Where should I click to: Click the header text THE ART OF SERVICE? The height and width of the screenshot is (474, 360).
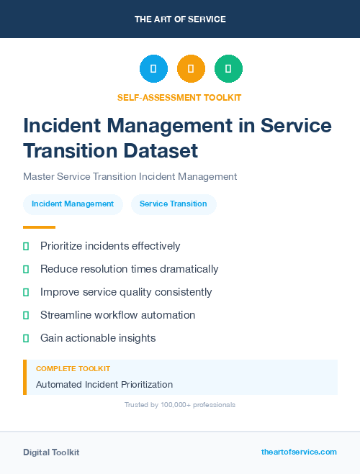(x=180, y=19)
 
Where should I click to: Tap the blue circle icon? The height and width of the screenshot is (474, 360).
(x=153, y=68)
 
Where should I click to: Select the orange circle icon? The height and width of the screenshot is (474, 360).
(x=191, y=68)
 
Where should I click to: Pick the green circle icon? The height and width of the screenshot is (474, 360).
(x=228, y=68)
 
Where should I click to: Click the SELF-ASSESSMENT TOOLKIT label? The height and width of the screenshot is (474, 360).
(x=179, y=97)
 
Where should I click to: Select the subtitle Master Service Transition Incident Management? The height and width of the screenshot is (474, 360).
(x=130, y=176)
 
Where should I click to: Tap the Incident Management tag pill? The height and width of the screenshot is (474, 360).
(x=73, y=204)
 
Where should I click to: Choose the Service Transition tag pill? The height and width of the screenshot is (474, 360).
(x=173, y=204)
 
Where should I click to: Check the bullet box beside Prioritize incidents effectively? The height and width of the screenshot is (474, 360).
(x=26, y=246)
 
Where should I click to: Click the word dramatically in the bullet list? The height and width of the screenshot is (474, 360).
(x=184, y=269)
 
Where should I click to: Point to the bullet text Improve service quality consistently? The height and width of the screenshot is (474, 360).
(x=126, y=292)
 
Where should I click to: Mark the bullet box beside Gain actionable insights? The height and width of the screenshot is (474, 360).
(x=26, y=338)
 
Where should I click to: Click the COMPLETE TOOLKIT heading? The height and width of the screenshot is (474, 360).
(x=73, y=368)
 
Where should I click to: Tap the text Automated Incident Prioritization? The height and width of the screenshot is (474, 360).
(x=104, y=385)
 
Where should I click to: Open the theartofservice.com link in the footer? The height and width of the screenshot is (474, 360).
(x=299, y=452)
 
